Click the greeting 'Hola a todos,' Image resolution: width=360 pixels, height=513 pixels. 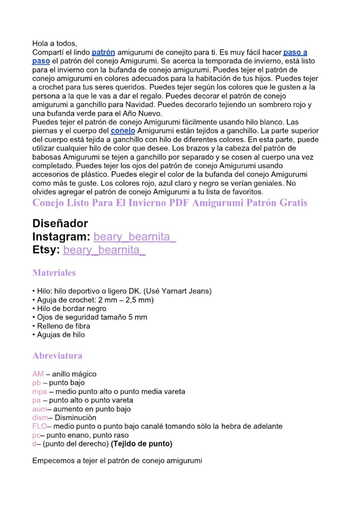(54, 44)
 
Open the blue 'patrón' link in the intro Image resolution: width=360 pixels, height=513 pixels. (103, 53)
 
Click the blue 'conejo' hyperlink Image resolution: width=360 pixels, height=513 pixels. (123, 131)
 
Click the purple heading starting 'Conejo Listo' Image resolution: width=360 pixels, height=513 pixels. (170, 203)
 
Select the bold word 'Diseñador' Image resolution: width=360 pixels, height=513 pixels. (60, 223)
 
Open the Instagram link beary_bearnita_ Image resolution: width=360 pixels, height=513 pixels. (135, 237)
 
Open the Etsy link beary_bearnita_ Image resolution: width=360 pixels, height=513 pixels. (104, 250)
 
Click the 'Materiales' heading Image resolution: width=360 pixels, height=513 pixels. (54, 273)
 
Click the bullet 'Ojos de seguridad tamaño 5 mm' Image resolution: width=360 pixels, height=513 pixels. (92, 317)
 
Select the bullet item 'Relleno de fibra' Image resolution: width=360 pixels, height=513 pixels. (63, 326)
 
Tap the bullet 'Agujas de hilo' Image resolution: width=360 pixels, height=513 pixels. (61, 335)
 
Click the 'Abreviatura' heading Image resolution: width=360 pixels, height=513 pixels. (57, 356)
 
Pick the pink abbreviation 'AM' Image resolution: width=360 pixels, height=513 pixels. (38, 374)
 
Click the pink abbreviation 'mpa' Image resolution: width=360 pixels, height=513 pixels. (39, 392)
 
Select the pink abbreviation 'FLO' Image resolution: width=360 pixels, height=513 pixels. (40, 426)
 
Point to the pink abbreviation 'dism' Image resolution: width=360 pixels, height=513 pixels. (40, 418)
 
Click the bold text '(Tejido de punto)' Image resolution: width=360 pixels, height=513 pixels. (142, 444)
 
